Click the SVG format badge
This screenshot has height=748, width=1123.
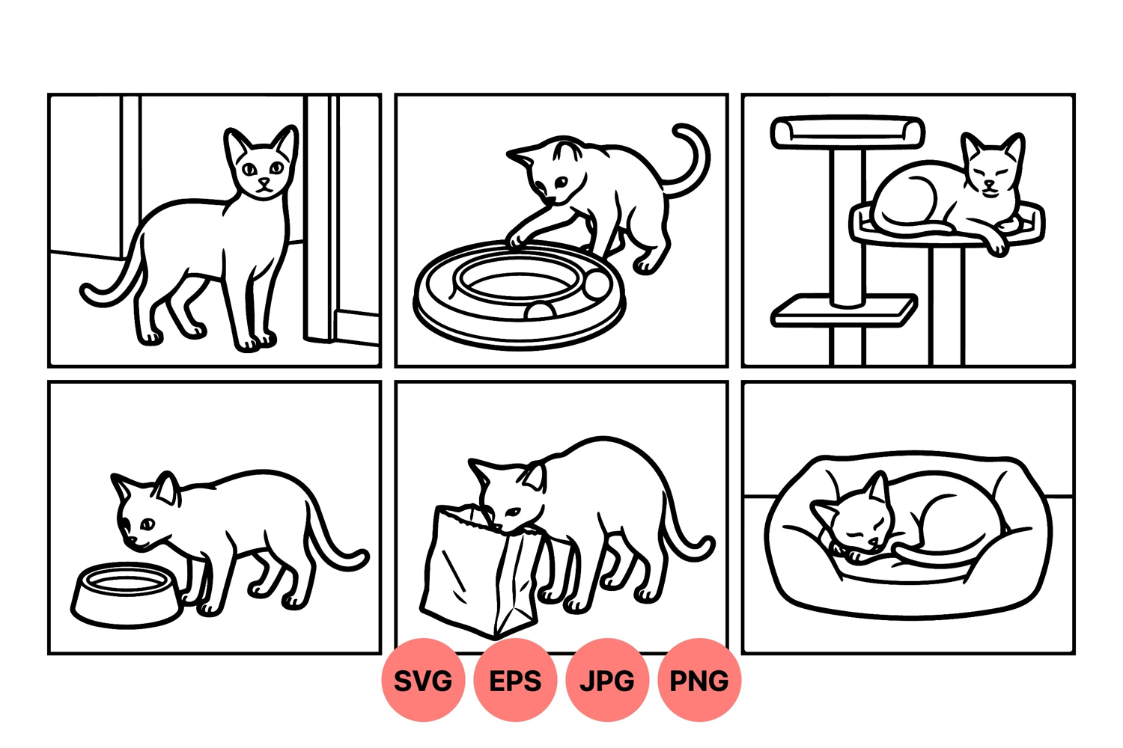coord(423,680)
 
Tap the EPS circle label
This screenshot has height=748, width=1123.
coord(515,680)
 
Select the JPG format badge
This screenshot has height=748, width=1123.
coord(607,680)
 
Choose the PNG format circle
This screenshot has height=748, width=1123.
coord(699,680)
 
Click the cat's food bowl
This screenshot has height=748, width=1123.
coord(127,595)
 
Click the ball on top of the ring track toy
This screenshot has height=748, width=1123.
coord(597,284)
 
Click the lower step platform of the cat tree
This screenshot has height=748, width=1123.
coord(844,310)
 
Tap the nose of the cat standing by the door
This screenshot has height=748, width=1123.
coord(264,181)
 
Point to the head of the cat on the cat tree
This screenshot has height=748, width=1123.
coord(992,165)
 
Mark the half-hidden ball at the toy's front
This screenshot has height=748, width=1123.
coord(540,310)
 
